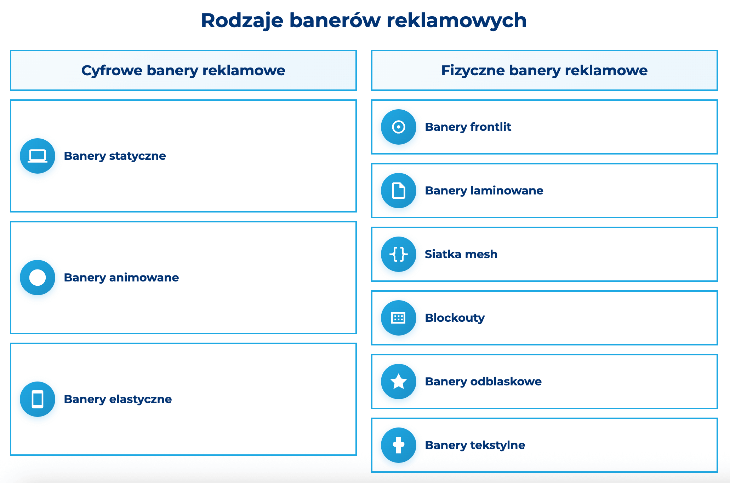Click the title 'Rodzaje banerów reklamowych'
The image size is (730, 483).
pos(364,21)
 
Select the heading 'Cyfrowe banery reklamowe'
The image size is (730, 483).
pos(183,70)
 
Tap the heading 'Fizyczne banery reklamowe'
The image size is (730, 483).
pos(544,70)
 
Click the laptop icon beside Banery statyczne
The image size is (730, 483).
pos(38,156)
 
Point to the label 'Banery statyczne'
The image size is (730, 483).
pos(115,156)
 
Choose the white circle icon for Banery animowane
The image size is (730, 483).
pos(38,278)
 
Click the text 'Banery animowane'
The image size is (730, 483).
pos(121,278)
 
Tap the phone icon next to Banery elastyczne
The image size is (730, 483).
pos(38,399)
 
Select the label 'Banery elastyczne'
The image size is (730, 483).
pos(118,399)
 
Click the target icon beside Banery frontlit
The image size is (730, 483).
pos(399,127)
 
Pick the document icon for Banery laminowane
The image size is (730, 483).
pos(399,191)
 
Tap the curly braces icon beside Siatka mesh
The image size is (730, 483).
pos(399,254)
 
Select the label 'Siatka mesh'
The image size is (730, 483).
pos(461,254)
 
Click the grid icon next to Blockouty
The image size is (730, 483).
pos(399,318)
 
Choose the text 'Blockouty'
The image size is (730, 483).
pos(455,318)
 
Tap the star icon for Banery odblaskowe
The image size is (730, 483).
pos(399,382)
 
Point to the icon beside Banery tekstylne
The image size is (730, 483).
pos(399,445)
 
